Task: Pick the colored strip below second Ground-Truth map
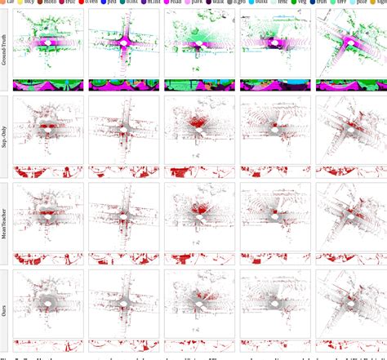124,84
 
